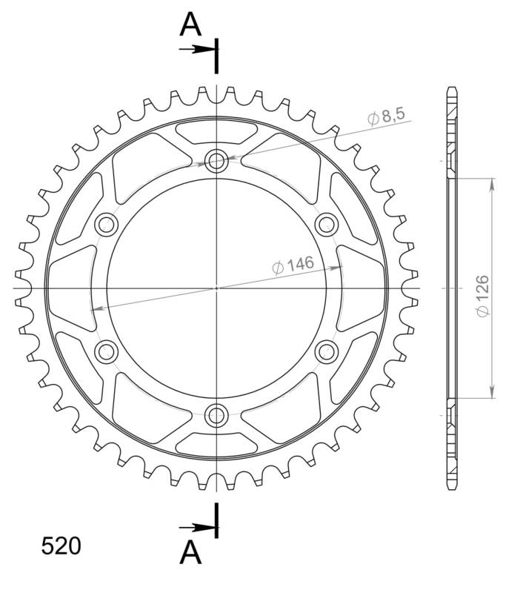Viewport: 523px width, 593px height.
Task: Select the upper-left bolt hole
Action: pos(106,223)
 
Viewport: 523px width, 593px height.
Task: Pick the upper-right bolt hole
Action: pos(326,223)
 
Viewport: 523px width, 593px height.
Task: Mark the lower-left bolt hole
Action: pos(106,350)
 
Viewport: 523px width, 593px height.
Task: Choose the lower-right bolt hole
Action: pos(326,350)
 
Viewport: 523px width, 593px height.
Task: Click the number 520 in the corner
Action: pos(61,547)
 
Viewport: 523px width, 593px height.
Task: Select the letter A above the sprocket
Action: pos(191,26)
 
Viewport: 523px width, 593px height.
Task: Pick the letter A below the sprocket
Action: pos(191,552)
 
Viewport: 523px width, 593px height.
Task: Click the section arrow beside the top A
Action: pos(196,50)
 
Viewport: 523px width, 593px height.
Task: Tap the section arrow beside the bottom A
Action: pos(196,528)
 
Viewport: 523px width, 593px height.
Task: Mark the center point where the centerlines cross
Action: pos(216,287)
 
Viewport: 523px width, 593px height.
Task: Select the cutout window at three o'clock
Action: pos(363,287)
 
